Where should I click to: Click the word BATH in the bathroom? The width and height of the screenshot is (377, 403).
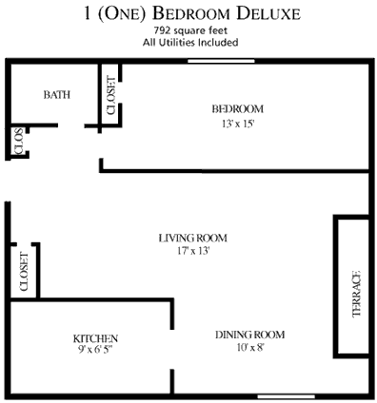click(x=57, y=95)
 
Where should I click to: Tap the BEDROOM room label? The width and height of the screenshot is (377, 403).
click(x=237, y=107)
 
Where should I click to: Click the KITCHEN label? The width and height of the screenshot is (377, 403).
click(x=95, y=338)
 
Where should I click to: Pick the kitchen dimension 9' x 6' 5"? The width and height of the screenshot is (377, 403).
click(x=95, y=351)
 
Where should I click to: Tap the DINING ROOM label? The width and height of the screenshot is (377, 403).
click(x=249, y=335)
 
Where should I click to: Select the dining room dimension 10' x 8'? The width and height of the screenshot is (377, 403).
click(x=249, y=348)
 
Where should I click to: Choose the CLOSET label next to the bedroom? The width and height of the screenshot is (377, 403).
click(x=110, y=95)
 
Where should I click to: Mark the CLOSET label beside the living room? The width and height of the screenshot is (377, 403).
click(x=25, y=270)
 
